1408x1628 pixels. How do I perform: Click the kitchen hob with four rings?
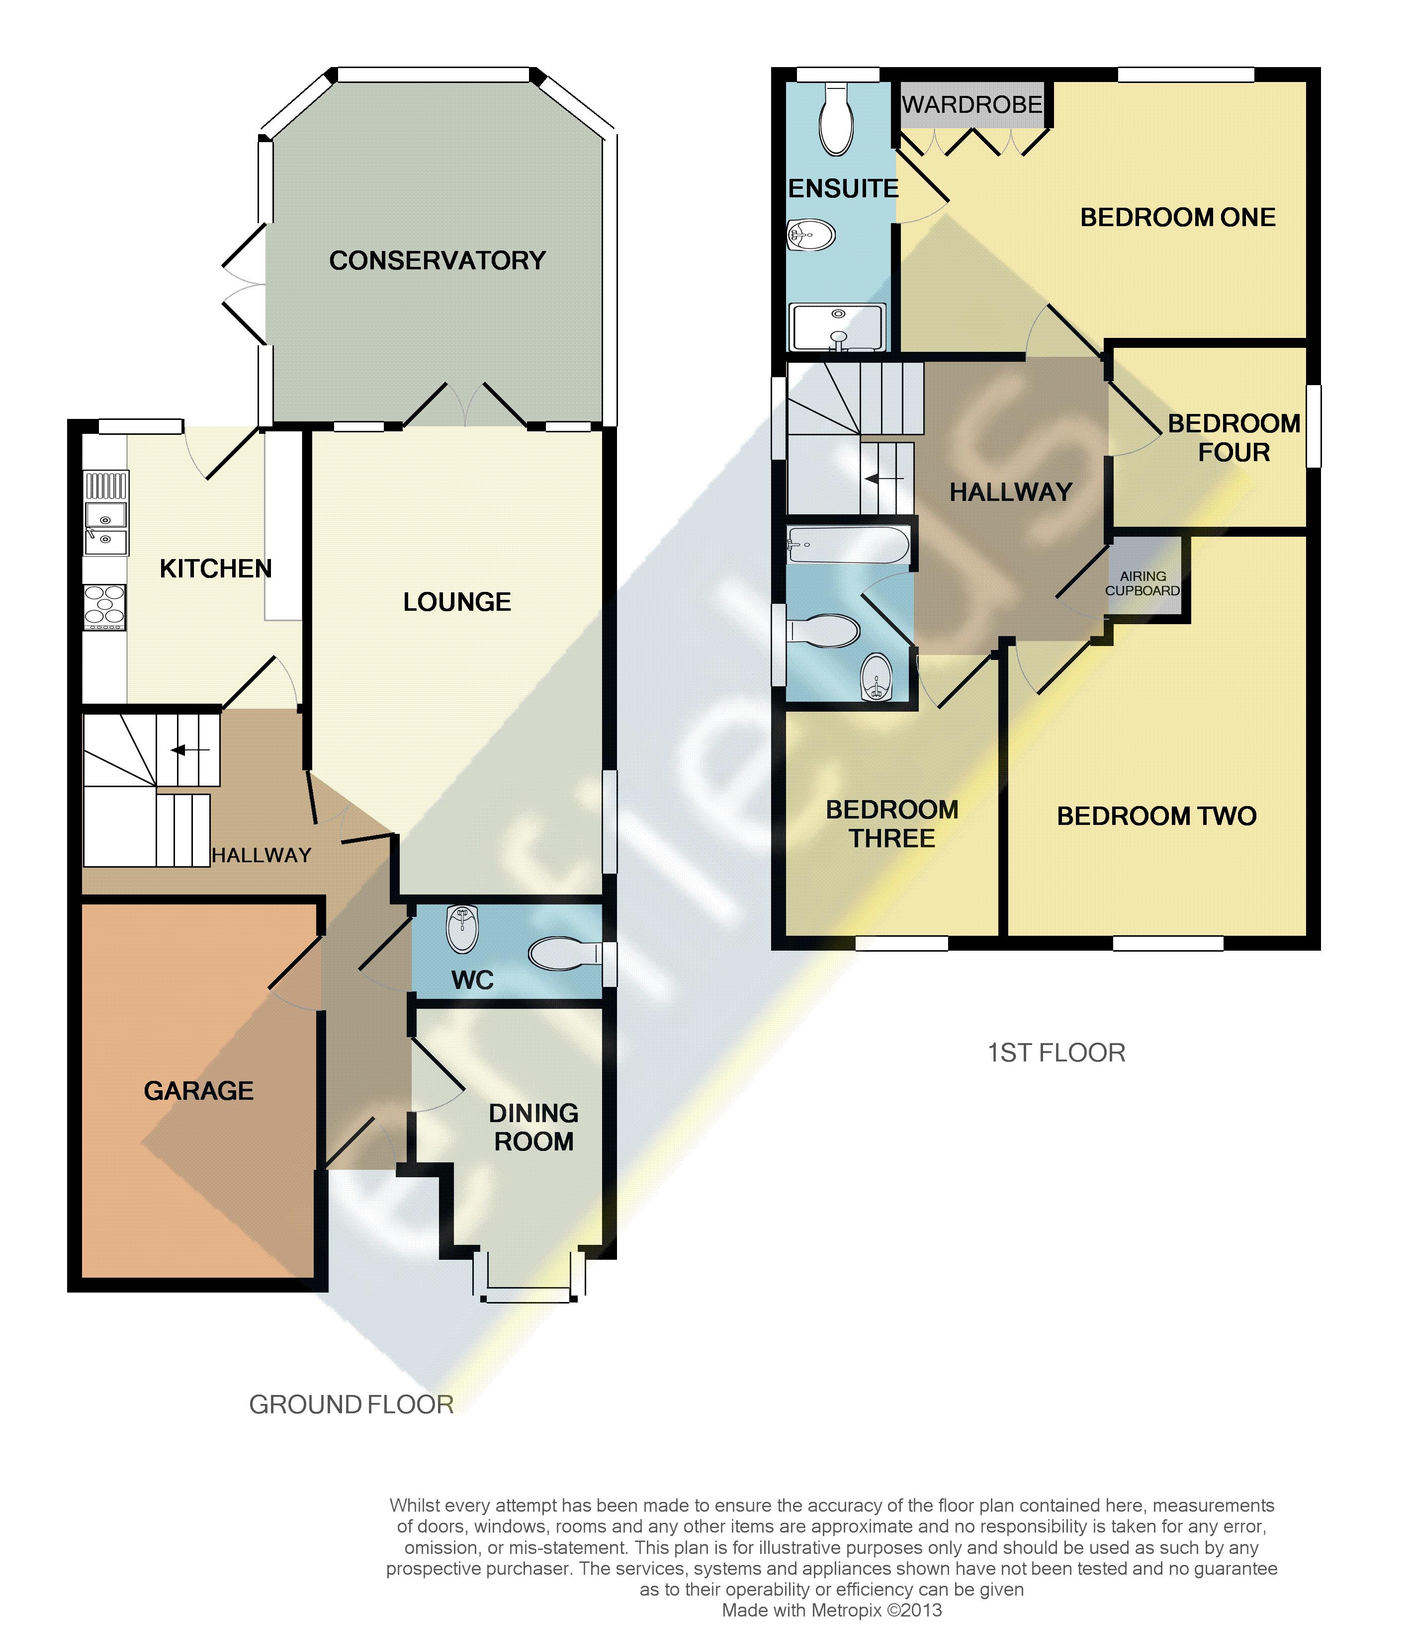point(104,607)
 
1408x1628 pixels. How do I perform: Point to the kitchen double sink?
point(105,528)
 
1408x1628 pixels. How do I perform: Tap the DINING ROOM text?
point(534,1127)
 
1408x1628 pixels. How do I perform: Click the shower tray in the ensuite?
point(838,327)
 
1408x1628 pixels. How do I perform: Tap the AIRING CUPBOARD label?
point(1143,583)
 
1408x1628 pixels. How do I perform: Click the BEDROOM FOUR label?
point(1233,438)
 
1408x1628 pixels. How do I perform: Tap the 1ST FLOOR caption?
point(1056,1053)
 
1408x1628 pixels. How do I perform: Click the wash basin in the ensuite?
point(810,234)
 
